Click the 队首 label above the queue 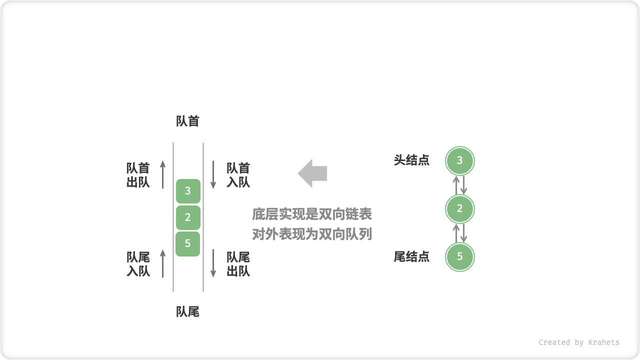pyautogui.click(x=188, y=121)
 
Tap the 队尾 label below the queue pyautogui.click(x=188, y=312)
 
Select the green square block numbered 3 pyautogui.click(x=188, y=191)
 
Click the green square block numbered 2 pyautogui.click(x=188, y=217)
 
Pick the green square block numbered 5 pyautogui.click(x=188, y=244)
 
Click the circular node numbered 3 pyautogui.click(x=460, y=161)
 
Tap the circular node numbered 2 pyautogui.click(x=460, y=209)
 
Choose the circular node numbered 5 pyautogui.click(x=460, y=257)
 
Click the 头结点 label pyautogui.click(x=411, y=160)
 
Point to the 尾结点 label pyautogui.click(x=411, y=257)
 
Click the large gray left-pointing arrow pyautogui.click(x=312, y=173)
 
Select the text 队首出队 pyautogui.click(x=138, y=175)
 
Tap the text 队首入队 pyautogui.click(x=238, y=175)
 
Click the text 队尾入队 pyautogui.click(x=138, y=264)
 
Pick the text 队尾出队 pyautogui.click(x=238, y=264)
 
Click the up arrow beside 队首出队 pyautogui.click(x=163, y=174)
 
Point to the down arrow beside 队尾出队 pyautogui.click(x=213, y=263)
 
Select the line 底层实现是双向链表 pyautogui.click(x=312, y=214)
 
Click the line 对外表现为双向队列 pyautogui.click(x=312, y=234)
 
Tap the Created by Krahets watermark pyautogui.click(x=579, y=342)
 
